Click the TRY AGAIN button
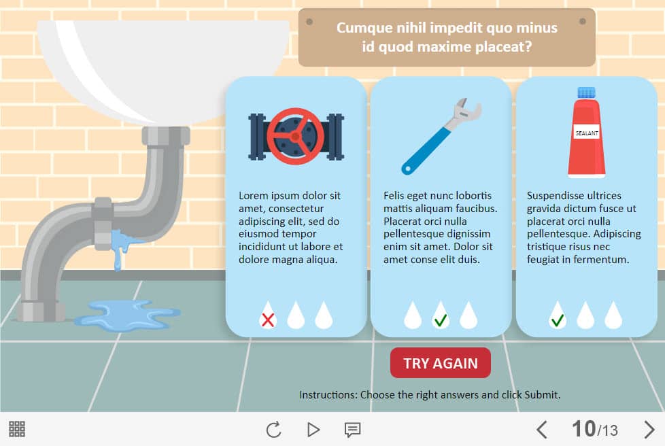440,363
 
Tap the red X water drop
268,316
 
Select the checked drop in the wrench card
440,316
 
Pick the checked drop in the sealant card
558,316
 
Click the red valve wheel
296,137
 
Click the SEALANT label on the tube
587,133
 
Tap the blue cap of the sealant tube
586,92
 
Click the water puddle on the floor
128,315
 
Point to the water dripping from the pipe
122,248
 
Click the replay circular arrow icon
274,430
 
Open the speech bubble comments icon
352,430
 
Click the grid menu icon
17,429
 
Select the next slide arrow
649,429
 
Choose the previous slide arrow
541,429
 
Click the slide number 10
583,428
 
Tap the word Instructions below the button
328,395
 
